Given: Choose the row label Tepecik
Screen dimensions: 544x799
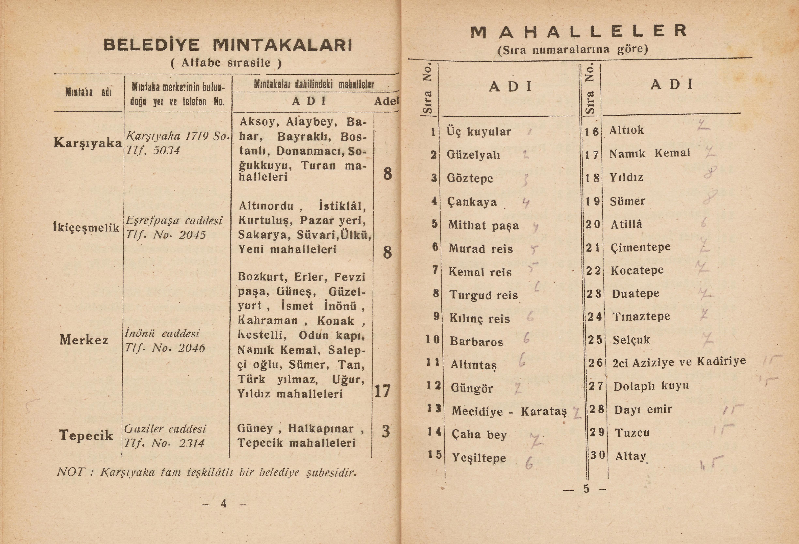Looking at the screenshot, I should [86, 435].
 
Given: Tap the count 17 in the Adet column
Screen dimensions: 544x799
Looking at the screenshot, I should [382, 391].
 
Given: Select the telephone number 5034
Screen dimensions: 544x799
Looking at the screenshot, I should [166, 150].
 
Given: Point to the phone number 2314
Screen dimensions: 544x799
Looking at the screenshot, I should [191, 443].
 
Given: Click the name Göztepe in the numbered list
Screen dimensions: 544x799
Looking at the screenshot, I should [470, 178].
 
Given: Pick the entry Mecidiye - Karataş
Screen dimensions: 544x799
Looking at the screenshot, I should [509, 411].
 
